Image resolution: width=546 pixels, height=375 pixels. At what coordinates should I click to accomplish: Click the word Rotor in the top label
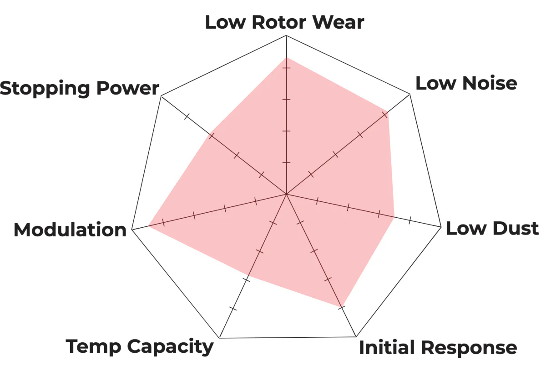pyautogui.click(x=278, y=22)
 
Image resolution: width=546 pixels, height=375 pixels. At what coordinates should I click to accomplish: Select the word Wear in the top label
pyautogui.click(x=338, y=22)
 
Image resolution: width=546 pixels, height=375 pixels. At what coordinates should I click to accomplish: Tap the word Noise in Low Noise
pyautogui.click(x=490, y=83)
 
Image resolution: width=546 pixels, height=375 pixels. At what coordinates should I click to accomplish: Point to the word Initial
pyautogui.click(x=387, y=347)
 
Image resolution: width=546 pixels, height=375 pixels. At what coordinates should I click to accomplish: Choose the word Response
pyautogui.click(x=469, y=349)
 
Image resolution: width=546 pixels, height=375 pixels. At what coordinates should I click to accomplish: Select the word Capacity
pyautogui.click(x=170, y=347)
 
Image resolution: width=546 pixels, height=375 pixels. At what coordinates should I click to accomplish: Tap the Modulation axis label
pyautogui.click(x=70, y=230)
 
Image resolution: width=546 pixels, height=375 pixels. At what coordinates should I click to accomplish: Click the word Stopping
pyautogui.click(x=45, y=89)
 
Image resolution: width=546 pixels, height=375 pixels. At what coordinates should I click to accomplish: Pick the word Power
pyautogui.click(x=128, y=88)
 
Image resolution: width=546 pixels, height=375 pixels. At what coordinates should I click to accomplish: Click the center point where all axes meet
pyautogui.click(x=286, y=195)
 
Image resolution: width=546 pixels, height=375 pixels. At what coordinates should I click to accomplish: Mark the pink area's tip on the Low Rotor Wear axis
pyautogui.click(x=286, y=57)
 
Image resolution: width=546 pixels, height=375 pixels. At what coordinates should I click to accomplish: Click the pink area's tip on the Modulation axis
pyautogui.click(x=148, y=226)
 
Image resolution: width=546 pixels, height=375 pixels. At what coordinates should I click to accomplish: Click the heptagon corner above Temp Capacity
pyautogui.click(x=219, y=338)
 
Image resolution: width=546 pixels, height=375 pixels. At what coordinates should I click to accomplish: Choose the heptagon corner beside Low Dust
pyautogui.click(x=441, y=227)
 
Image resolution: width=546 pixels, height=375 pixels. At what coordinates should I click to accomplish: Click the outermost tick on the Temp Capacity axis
pyautogui.click(x=233, y=309)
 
